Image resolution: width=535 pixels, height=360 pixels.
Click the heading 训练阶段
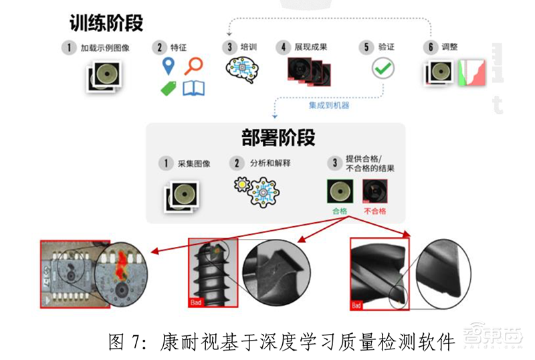tap(106, 23)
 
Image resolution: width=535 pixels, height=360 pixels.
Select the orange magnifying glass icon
tap(194, 66)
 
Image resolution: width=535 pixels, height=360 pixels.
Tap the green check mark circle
tap(383, 68)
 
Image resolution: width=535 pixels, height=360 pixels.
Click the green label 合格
tap(340, 210)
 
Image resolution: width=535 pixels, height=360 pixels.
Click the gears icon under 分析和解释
tap(256, 190)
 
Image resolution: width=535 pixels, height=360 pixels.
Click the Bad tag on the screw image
tap(196, 302)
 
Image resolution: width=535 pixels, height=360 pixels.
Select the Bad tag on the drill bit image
tap(357, 305)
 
